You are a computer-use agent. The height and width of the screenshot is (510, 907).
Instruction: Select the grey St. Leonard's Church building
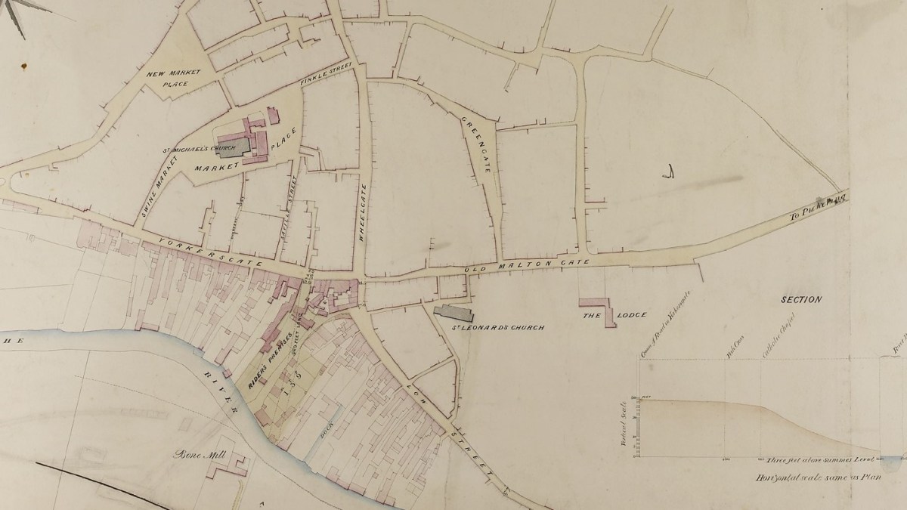pyautogui.click(x=454, y=311)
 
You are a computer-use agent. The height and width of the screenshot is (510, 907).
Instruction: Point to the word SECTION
pyautogui.click(x=800, y=299)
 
